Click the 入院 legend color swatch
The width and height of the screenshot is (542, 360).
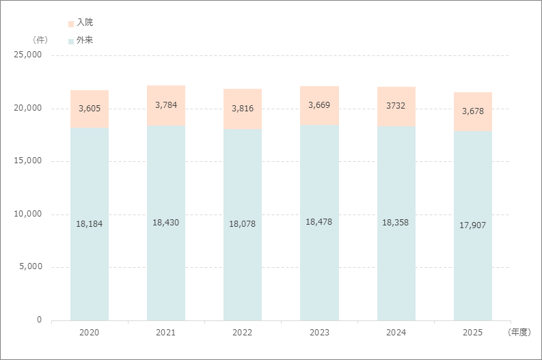71,24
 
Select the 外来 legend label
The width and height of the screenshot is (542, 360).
85,40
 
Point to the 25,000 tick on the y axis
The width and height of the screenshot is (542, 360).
27,55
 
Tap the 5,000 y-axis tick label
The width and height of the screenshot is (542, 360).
31,266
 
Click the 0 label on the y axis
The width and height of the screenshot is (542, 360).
40,320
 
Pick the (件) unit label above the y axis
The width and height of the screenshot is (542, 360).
40,40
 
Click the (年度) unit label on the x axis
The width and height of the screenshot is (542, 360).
519,332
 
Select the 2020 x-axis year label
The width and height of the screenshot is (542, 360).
89,333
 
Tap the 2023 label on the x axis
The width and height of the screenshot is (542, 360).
319,333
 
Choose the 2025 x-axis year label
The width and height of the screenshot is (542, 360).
472,333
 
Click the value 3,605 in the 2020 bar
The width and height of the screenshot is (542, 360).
90,109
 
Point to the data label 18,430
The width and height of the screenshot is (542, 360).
166,223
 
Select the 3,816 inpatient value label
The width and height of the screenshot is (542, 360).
243,109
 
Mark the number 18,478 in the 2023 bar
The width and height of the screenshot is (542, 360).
319,222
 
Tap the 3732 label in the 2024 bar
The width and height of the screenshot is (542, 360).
396,106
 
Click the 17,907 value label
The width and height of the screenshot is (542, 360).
472,225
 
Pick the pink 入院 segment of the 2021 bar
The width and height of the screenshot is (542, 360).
166,105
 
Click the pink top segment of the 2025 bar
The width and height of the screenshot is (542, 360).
473,111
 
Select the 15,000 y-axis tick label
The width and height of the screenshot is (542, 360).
27,161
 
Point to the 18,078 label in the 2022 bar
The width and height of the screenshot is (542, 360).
243,224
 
